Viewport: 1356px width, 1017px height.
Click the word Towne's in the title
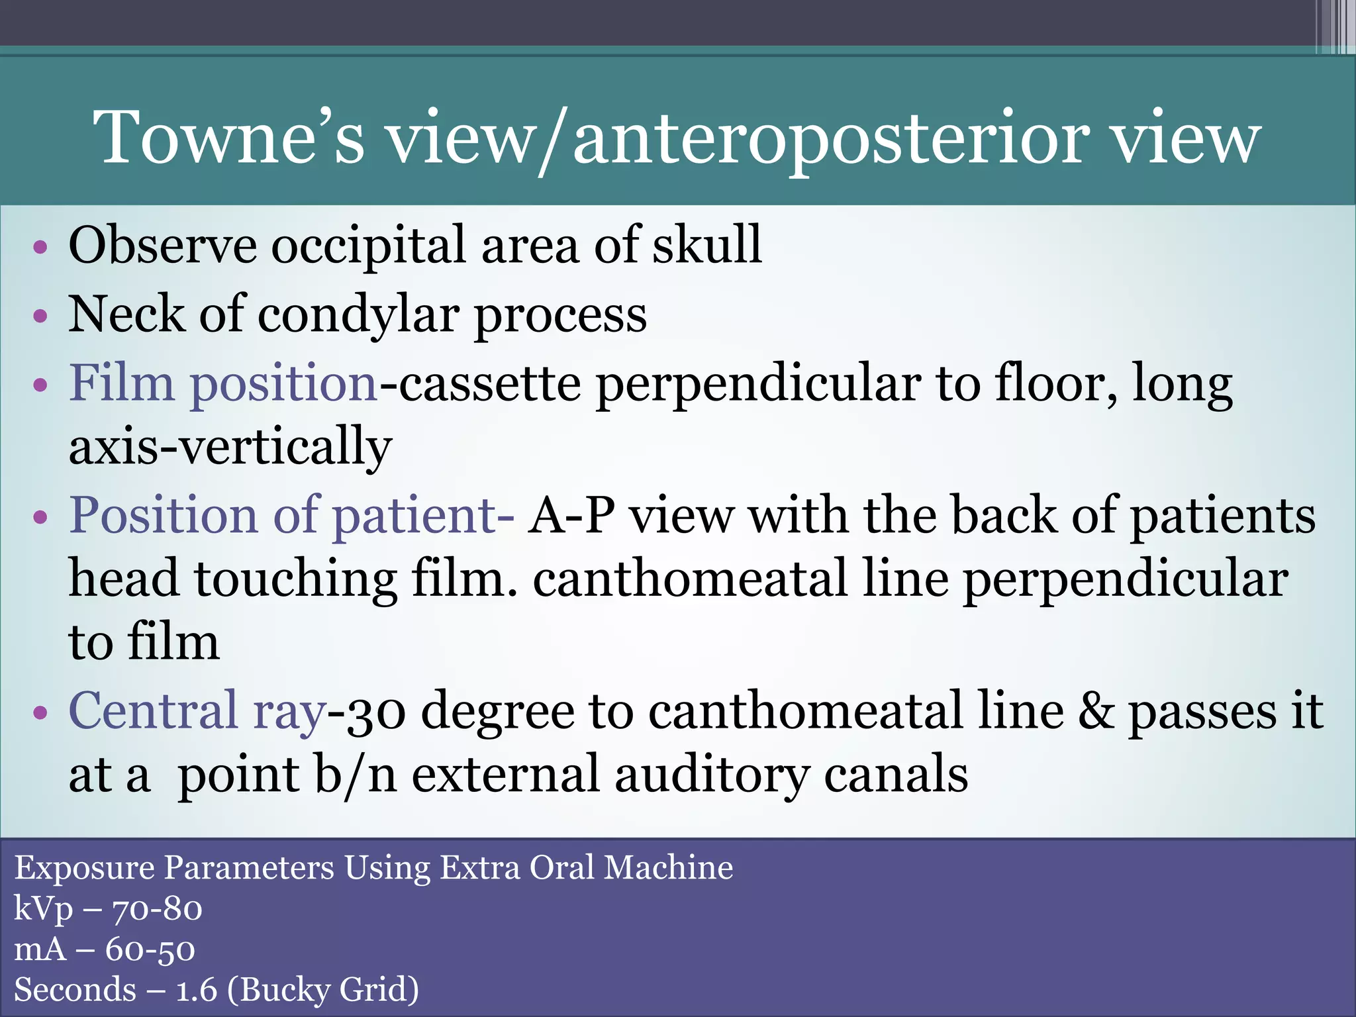coord(228,138)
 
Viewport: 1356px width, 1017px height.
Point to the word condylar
coord(358,315)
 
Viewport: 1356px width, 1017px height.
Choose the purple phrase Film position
coord(223,384)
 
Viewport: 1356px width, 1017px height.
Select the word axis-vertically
coord(230,447)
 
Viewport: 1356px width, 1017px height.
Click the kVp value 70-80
coord(157,909)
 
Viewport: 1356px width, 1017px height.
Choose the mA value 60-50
coord(150,949)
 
